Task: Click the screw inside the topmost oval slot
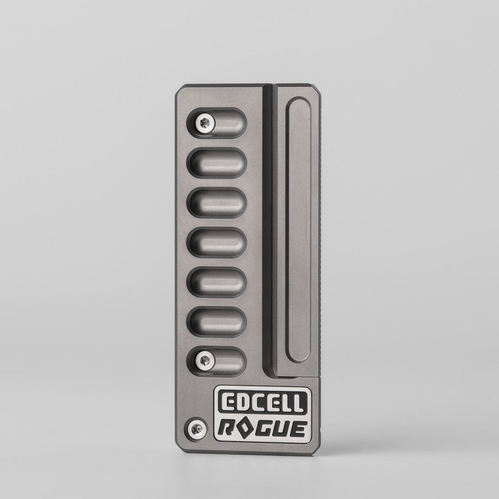coord(205,123)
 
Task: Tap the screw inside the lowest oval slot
coord(205,360)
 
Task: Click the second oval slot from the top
coord(217,163)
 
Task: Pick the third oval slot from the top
coord(217,203)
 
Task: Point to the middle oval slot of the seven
coord(217,243)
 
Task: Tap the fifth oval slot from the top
coord(217,282)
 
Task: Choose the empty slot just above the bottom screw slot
coord(217,322)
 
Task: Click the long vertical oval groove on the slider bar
coord(298,230)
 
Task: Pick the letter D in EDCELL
coord(241,403)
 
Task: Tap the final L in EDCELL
coord(298,403)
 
